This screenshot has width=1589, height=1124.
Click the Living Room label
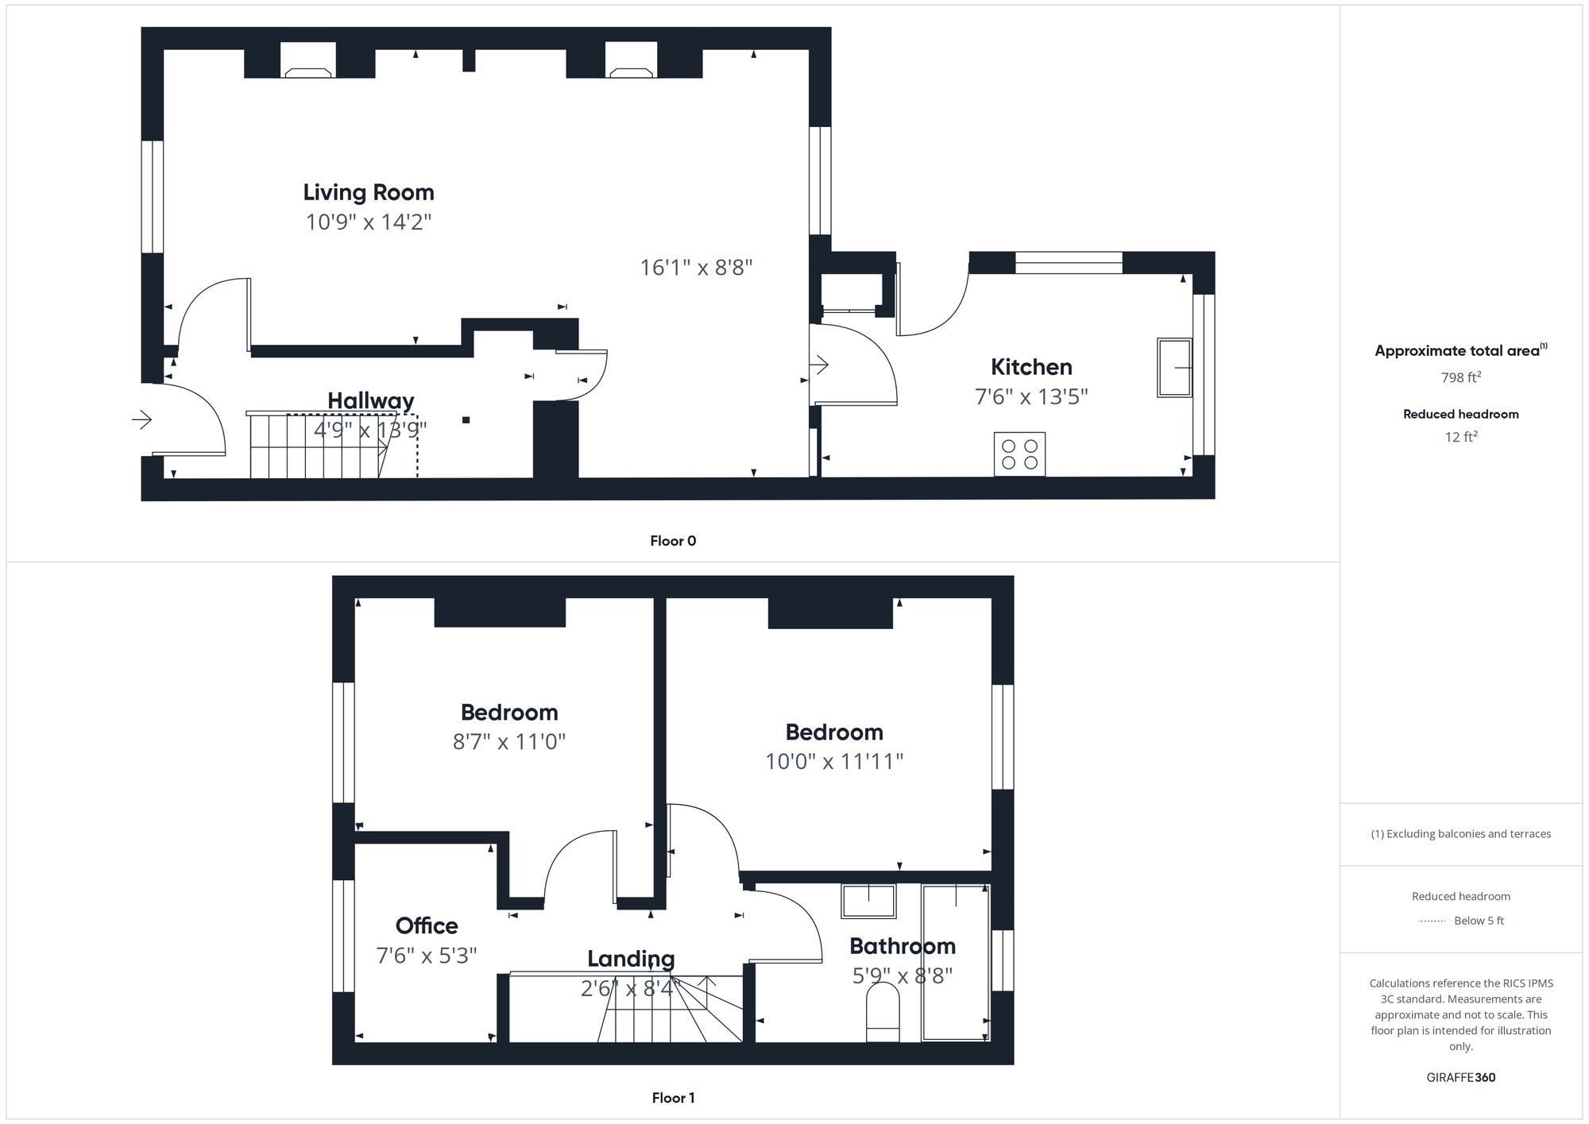(x=368, y=192)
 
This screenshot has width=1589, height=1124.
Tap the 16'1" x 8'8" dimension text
(x=696, y=267)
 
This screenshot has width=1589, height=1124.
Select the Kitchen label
(x=1030, y=367)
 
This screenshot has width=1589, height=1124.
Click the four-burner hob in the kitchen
(x=1019, y=454)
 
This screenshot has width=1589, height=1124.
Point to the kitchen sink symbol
(x=1173, y=368)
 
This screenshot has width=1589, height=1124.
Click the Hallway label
(x=370, y=400)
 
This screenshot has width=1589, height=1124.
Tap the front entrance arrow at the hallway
(x=141, y=419)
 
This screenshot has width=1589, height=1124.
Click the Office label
(x=427, y=925)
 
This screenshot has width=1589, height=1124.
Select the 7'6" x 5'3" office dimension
(x=427, y=955)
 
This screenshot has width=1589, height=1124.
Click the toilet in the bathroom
(x=883, y=1012)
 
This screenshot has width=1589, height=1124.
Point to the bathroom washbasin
(x=868, y=901)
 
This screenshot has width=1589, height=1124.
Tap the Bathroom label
(x=902, y=946)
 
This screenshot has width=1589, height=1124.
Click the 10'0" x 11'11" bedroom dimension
(x=834, y=761)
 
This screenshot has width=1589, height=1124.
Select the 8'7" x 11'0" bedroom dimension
(x=508, y=741)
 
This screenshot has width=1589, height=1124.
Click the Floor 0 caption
(x=672, y=541)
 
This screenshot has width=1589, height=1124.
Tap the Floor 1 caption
(x=672, y=1098)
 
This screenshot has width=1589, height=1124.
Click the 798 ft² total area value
(x=1460, y=377)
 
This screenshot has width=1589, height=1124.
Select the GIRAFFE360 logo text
(x=1460, y=1077)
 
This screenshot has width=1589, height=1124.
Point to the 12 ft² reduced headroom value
(x=1460, y=436)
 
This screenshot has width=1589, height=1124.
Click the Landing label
(x=631, y=959)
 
